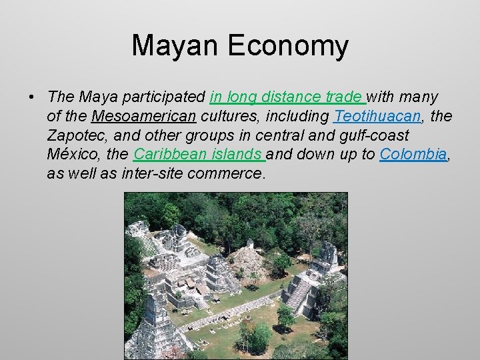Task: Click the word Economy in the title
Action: point(288,46)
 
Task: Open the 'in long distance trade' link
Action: point(287,97)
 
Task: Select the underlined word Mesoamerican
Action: point(143,117)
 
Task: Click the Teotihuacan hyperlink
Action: point(377,117)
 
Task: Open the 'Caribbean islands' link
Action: point(199,155)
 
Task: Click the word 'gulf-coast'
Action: point(371,136)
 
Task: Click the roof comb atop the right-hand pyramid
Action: point(328,253)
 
